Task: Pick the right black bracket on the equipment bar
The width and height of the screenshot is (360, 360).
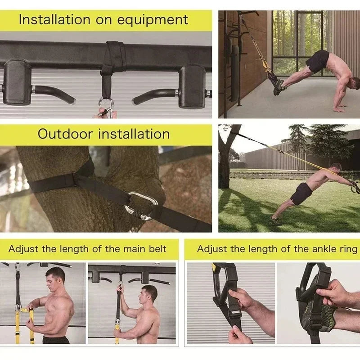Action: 192,85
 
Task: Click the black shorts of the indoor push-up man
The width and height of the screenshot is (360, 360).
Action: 318,61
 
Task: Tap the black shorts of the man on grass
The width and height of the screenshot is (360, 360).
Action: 301,194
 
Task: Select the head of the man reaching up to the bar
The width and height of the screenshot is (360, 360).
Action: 149,293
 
